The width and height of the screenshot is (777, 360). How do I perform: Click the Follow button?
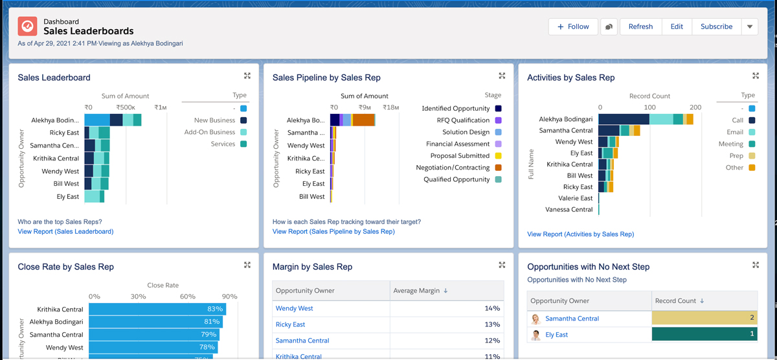(x=573, y=27)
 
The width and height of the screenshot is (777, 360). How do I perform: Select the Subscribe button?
(x=716, y=27)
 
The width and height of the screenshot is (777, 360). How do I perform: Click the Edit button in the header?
(x=677, y=27)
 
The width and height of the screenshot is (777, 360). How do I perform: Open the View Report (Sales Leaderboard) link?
(x=65, y=231)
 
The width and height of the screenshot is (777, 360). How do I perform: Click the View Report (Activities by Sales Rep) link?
(x=580, y=234)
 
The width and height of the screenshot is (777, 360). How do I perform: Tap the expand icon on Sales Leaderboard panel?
(x=247, y=76)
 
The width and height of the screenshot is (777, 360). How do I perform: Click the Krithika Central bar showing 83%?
(x=157, y=309)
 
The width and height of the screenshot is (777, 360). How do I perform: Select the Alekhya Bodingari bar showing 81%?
(x=155, y=322)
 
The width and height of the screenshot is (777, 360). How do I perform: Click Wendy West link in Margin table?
(x=294, y=309)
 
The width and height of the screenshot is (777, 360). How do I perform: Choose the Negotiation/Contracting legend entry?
(x=453, y=168)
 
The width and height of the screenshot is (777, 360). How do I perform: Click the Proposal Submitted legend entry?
(x=460, y=156)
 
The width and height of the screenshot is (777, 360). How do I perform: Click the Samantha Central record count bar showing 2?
(x=704, y=319)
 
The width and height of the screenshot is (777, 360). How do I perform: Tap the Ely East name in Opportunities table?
(x=556, y=335)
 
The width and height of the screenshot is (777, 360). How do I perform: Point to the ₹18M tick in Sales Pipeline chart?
(x=390, y=108)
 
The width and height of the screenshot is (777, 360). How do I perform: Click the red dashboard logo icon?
(x=28, y=26)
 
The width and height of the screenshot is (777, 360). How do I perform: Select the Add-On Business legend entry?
(x=210, y=132)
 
